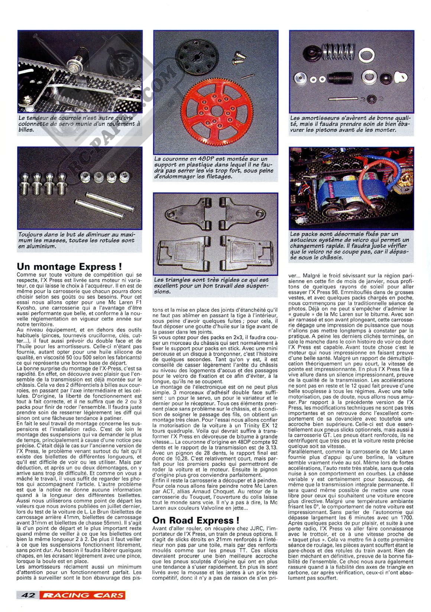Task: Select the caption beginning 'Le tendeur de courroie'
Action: pyautogui.click(x=80, y=124)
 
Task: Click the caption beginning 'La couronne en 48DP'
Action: pyautogui.click(x=215, y=168)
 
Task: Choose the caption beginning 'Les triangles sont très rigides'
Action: pyautogui.click(x=215, y=285)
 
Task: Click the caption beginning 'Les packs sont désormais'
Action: pyautogui.click(x=351, y=246)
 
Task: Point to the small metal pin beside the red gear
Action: pyautogui.click(x=246, y=76)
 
